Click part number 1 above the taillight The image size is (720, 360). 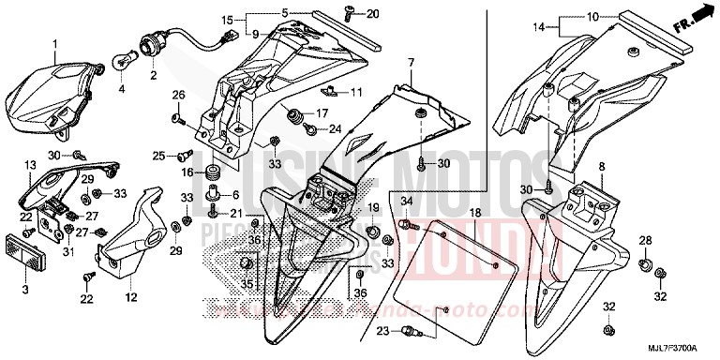(53, 44)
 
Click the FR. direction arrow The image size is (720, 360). (695, 21)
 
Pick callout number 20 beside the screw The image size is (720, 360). (373, 14)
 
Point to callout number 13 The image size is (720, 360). (29, 164)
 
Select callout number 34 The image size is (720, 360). (381, 202)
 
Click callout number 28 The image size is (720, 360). (644, 242)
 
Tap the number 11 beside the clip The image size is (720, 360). (356, 93)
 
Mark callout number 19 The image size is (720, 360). (372, 206)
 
